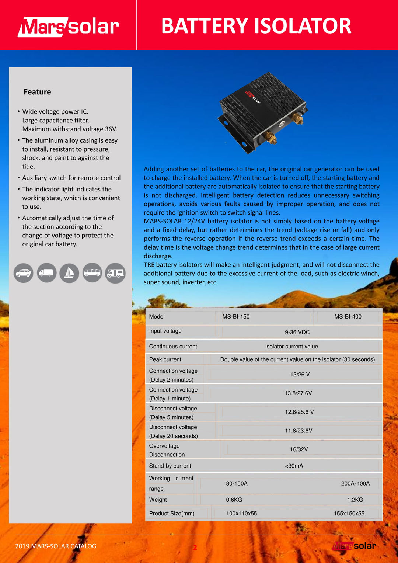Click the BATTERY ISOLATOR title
click(256, 26)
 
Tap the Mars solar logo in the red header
click(69, 27)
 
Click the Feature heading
click(37, 92)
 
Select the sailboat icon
click(69, 273)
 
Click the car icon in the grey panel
click(24, 273)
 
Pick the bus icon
click(92, 273)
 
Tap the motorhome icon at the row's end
click(115, 273)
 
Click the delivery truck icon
click(46, 273)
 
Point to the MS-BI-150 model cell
click(236, 317)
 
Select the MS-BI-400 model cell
click(348, 317)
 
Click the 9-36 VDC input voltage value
click(297, 332)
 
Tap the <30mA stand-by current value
click(294, 466)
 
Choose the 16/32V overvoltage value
click(299, 449)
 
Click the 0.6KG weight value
click(234, 500)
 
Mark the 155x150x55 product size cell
click(349, 514)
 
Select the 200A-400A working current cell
click(355, 483)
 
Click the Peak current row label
click(165, 359)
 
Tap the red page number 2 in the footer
click(195, 548)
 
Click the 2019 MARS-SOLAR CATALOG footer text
click(56, 546)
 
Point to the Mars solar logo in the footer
click(354, 546)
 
